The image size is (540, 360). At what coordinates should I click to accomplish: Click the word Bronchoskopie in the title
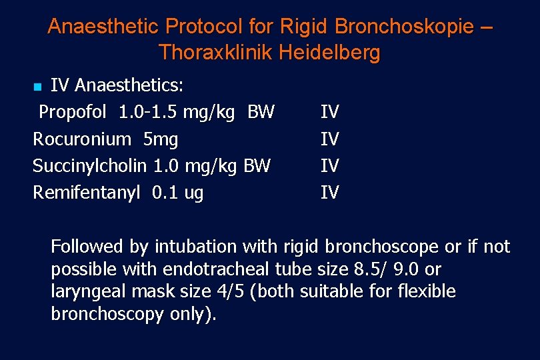405,27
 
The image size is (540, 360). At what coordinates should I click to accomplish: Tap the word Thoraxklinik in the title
211,52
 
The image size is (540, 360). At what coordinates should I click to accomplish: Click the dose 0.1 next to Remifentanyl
162,193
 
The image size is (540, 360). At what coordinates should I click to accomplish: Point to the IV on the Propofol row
329,112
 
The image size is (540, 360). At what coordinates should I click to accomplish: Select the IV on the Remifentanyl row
329,193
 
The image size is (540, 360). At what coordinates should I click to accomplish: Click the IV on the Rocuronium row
329,139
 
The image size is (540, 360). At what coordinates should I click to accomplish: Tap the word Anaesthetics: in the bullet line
130,85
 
